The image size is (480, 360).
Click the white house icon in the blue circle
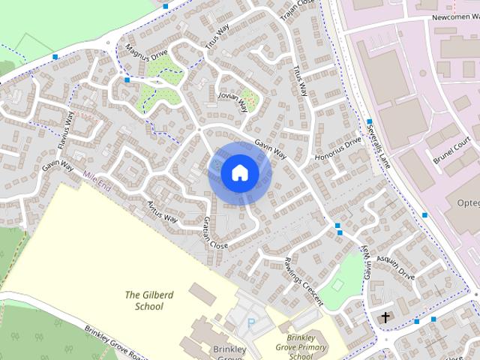point(240,172)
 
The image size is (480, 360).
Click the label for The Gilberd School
point(148,300)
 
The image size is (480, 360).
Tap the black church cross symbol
point(386,318)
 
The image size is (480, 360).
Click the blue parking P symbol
point(251,325)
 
